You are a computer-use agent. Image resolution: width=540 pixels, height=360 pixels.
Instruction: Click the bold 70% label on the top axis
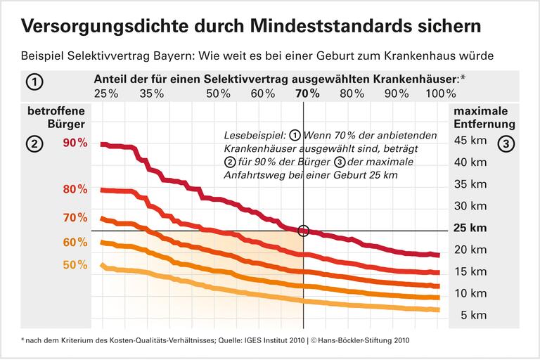[307, 94]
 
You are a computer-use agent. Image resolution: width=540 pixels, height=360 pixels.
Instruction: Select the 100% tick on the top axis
[441, 94]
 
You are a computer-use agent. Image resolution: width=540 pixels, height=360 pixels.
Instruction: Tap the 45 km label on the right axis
[470, 141]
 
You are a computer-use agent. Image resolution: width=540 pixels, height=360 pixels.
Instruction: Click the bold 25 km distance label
[470, 228]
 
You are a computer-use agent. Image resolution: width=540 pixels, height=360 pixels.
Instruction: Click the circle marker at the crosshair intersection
[304, 231]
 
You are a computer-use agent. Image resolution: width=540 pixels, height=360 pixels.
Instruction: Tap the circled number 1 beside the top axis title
[34, 82]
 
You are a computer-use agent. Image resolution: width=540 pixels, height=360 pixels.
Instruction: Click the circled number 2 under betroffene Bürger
[34, 143]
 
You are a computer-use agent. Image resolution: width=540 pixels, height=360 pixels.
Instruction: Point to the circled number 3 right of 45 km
[506, 143]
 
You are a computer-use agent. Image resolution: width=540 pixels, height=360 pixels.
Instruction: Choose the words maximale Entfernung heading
[484, 118]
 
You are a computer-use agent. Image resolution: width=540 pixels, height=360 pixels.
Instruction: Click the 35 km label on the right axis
[470, 184]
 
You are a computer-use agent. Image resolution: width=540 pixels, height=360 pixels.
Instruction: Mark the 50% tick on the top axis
[219, 94]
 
